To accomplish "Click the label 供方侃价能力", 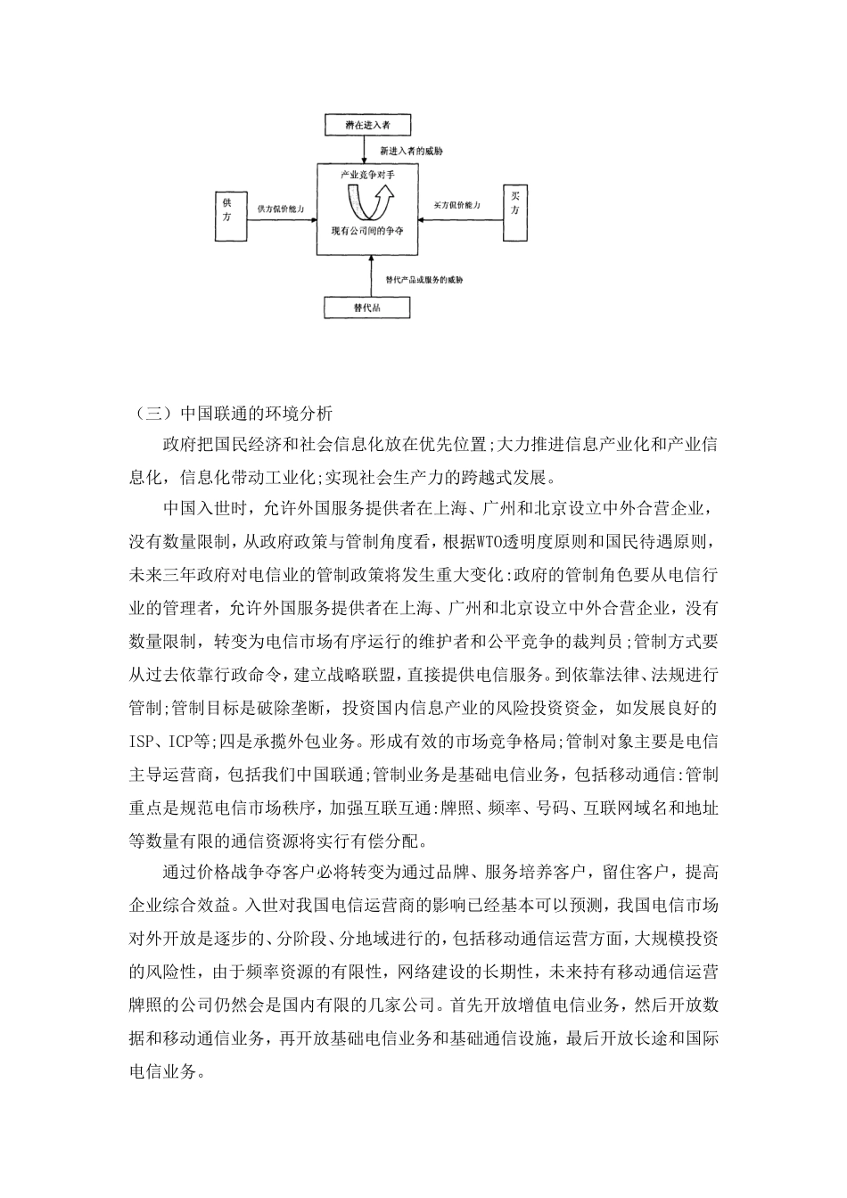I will click(x=282, y=208).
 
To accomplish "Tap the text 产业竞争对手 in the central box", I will click(x=367, y=176).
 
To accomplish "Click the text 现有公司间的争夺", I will click(x=367, y=230).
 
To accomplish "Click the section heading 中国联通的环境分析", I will click(x=257, y=414).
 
